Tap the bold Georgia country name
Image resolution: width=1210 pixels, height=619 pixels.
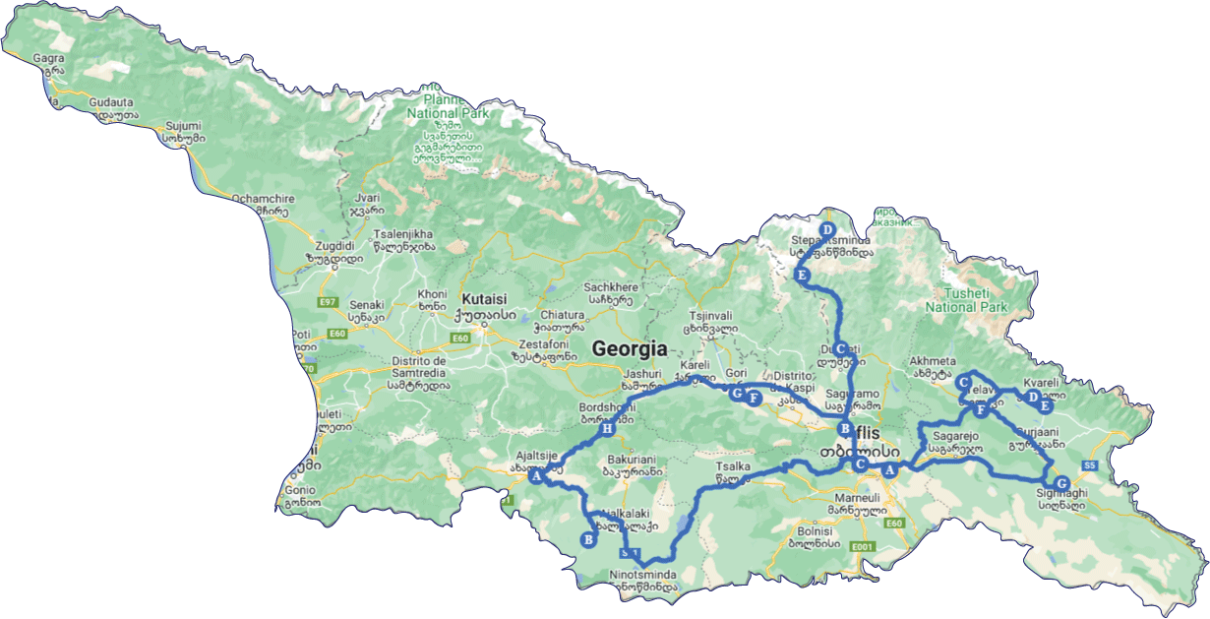pos(630,348)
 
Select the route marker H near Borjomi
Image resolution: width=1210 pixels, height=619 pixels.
pos(607,429)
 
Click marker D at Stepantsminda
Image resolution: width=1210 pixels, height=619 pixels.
pos(826,229)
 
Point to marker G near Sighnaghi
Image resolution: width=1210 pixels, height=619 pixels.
pos(1060,483)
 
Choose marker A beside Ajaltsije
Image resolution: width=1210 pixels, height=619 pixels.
pos(536,476)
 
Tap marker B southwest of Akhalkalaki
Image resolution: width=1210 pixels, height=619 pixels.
pos(587,539)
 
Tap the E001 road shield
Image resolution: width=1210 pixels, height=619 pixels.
pos(863,546)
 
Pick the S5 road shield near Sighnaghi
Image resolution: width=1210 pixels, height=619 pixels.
pos(1089,464)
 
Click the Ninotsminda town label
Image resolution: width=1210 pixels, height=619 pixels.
pos(642,574)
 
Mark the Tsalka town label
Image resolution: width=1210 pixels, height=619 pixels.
pos(739,467)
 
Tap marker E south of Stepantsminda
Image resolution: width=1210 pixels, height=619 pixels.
pos(802,276)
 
